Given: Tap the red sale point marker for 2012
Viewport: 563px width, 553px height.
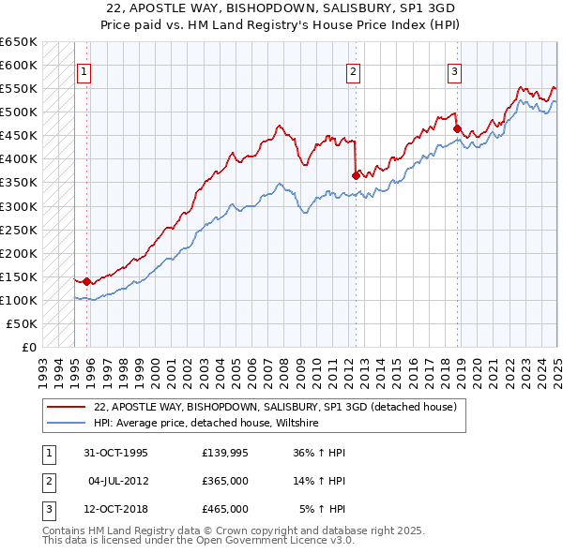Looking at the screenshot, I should click(357, 174).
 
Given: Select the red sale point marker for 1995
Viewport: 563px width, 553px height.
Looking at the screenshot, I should click(87, 280).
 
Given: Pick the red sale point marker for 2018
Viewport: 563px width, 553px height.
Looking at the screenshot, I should click(457, 128).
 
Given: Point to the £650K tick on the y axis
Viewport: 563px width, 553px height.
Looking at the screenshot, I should click(21, 42).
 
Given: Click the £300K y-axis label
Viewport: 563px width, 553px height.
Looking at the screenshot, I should click(21, 206).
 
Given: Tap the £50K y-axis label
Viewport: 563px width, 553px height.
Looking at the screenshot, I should click(23, 323).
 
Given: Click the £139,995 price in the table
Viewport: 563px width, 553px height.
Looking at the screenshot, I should click(224, 453).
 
